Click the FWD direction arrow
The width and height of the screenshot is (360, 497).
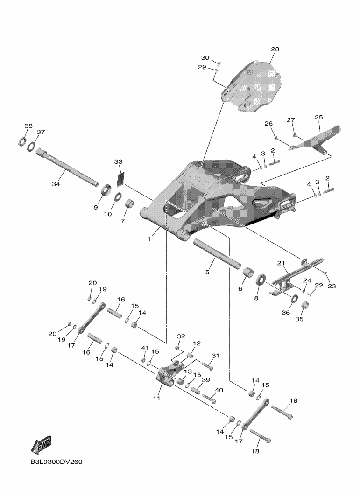point(41,444)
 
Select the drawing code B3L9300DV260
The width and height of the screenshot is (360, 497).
point(56,462)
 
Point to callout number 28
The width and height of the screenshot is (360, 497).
point(275,49)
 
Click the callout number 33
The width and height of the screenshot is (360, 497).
point(118,162)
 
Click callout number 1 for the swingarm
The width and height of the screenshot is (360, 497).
point(150,238)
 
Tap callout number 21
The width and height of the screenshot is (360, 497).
point(281,263)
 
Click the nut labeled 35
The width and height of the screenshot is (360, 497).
point(305,305)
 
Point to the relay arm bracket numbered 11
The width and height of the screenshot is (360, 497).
point(170,376)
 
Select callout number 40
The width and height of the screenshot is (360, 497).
point(219,390)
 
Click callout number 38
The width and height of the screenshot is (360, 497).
point(28,126)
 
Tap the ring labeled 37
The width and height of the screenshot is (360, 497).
point(31,147)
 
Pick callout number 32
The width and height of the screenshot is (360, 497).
point(181,336)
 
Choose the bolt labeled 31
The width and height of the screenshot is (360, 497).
point(207,366)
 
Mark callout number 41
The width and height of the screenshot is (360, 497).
point(145,348)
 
